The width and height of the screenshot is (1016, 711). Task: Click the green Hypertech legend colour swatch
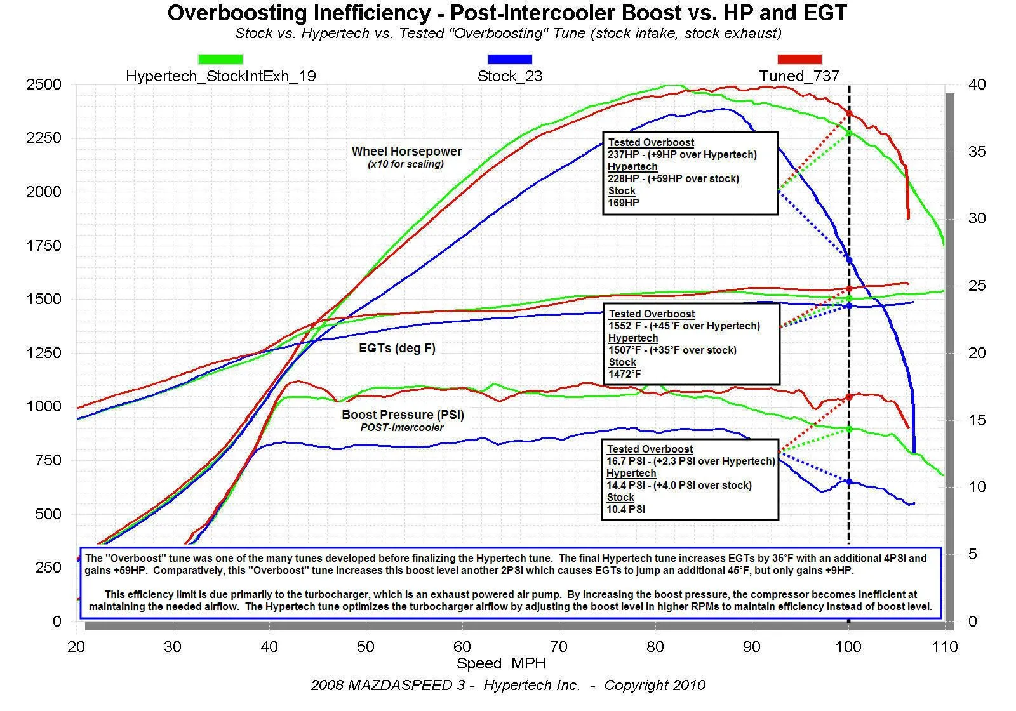(x=220, y=59)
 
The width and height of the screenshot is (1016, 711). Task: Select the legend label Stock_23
(x=510, y=76)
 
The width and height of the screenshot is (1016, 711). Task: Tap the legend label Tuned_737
(x=799, y=76)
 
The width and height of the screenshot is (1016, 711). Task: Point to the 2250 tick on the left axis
(x=44, y=138)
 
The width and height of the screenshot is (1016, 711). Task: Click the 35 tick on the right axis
(x=977, y=152)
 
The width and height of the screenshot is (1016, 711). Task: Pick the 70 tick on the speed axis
(x=559, y=647)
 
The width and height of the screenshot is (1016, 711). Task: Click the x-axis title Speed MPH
(x=501, y=664)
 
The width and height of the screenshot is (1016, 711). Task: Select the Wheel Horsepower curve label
(x=406, y=152)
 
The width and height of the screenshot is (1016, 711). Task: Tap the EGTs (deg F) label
(x=397, y=349)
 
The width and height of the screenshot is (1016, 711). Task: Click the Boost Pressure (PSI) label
(x=403, y=415)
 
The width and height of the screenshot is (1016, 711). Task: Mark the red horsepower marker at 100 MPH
(x=849, y=114)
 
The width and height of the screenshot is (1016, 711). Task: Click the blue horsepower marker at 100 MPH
(x=849, y=260)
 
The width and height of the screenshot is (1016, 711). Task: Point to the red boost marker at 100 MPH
(x=849, y=397)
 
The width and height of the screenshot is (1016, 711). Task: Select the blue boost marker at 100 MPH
(x=849, y=482)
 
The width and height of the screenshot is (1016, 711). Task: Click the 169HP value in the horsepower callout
(x=624, y=203)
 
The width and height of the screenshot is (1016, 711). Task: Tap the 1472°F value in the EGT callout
(x=625, y=375)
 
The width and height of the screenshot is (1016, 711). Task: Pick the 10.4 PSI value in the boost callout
(x=626, y=509)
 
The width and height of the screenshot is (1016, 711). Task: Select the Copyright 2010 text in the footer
(x=654, y=686)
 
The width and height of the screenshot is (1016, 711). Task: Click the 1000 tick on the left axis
(x=44, y=406)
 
